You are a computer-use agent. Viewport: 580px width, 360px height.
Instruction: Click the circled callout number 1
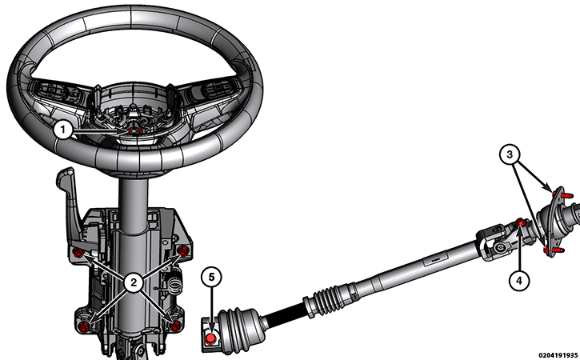(63, 130)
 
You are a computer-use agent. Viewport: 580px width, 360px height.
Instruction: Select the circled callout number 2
(133, 283)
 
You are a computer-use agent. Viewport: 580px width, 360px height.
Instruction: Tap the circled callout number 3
(510, 154)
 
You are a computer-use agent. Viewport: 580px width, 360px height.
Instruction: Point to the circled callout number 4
(519, 281)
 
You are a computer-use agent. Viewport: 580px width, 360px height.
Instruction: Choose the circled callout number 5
(211, 277)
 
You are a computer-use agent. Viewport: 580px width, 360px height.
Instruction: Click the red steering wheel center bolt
(133, 131)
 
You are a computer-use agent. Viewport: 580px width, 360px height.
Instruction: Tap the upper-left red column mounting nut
(78, 253)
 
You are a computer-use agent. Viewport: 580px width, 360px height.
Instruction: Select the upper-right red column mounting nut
(182, 250)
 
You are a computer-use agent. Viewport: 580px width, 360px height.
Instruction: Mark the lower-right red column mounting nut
(176, 326)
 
